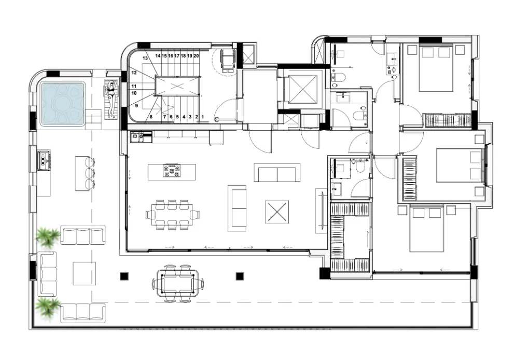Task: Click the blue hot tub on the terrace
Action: (62, 103)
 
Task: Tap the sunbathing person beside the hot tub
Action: (112, 99)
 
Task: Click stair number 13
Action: (145, 58)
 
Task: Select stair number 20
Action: (196, 56)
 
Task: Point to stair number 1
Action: (203, 117)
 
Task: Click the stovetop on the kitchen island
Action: (172, 171)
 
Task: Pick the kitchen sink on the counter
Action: (137, 137)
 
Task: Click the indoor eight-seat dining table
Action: (172, 215)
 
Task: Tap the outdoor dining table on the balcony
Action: (178, 283)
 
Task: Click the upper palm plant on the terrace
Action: (48, 237)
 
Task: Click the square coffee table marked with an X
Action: (277, 212)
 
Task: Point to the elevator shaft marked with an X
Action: (303, 89)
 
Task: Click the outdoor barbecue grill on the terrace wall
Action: (44, 161)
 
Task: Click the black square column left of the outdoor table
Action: (124, 276)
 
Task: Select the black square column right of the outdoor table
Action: (240, 276)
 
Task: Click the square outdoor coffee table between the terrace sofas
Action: (85, 273)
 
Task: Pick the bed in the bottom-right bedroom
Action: (426, 228)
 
